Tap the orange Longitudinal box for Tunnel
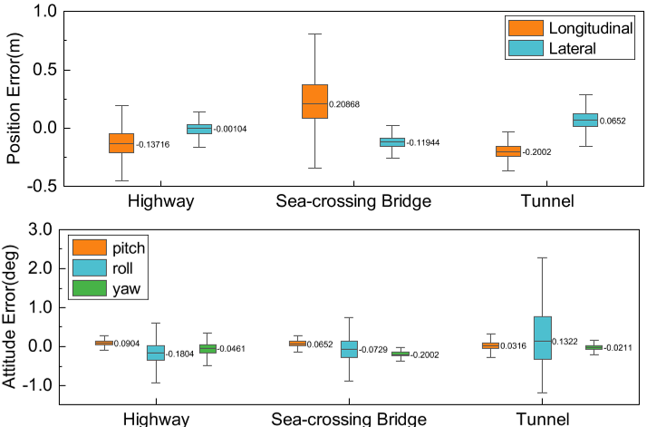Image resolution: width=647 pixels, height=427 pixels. point(508,150)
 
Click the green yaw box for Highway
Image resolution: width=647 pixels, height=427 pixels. point(208,348)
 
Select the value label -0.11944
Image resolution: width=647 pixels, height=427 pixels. point(423,143)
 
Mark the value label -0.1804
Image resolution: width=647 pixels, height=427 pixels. point(183,354)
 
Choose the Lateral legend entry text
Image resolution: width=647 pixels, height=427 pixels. point(572,49)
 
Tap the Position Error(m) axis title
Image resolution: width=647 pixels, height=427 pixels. point(13,96)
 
